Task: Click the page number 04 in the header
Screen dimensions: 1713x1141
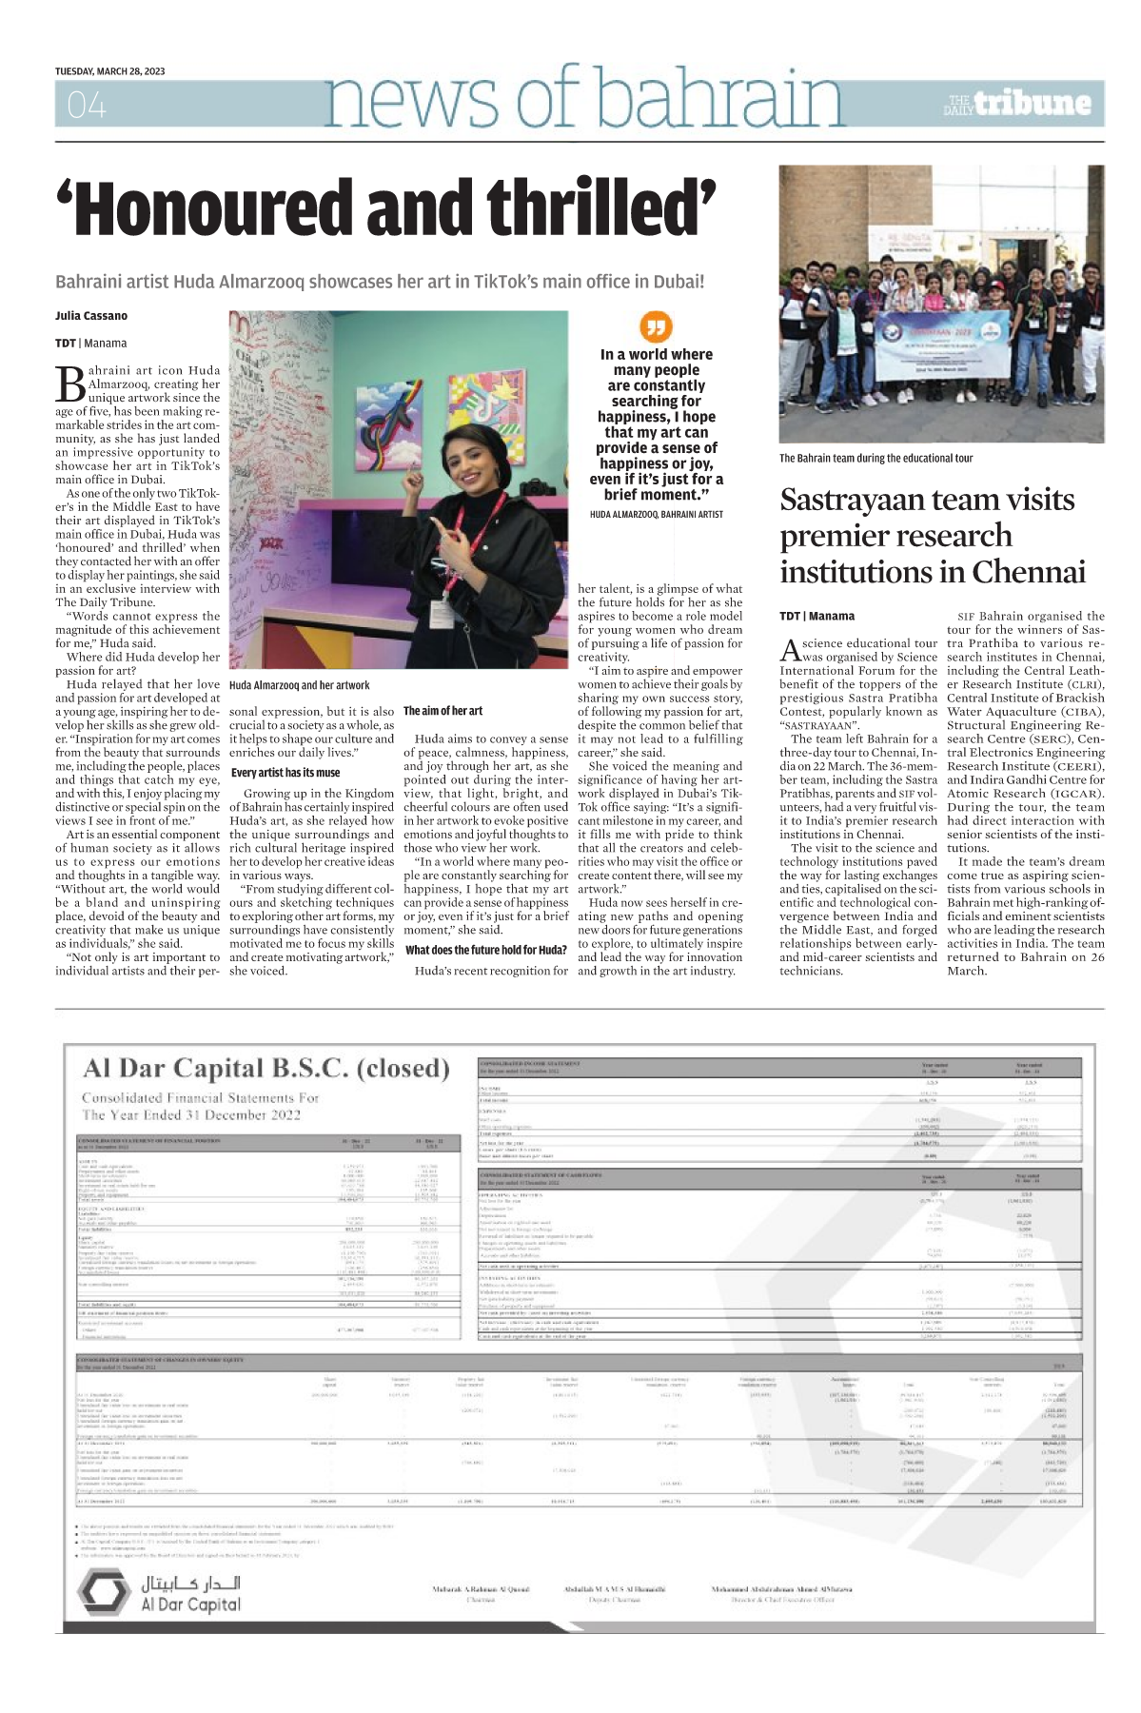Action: tap(87, 105)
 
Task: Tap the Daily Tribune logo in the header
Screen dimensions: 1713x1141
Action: tap(1019, 103)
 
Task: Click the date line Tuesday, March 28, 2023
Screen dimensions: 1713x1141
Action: tap(109, 71)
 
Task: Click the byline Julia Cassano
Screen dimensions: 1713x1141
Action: tap(91, 316)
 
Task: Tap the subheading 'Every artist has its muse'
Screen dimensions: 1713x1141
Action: tap(285, 773)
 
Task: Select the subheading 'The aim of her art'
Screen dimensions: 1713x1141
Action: tap(443, 711)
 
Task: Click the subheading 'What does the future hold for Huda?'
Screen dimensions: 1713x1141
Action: tap(486, 950)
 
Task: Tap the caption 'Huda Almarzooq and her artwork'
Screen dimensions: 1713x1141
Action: tap(300, 684)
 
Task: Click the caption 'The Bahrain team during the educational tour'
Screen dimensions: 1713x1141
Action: tap(875, 458)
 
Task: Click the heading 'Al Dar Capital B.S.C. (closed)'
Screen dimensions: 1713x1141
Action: tap(266, 1069)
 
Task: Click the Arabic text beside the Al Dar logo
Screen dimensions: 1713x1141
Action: tap(191, 1583)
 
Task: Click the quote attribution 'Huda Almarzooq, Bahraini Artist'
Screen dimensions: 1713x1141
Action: tap(657, 514)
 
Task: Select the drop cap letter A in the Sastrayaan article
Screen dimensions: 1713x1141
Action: tap(790, 650)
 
